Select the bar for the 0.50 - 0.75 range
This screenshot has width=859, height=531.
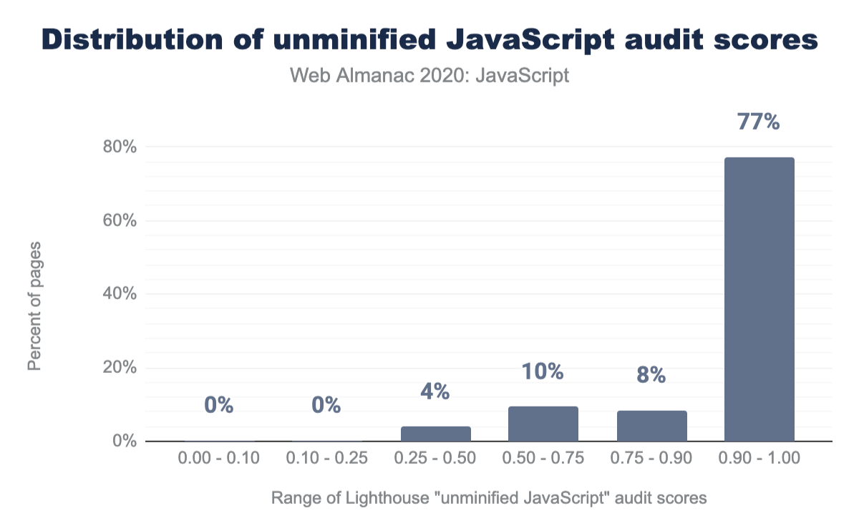(x=543, y=424)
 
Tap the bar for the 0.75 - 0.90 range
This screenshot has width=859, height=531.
(x=651, y=426)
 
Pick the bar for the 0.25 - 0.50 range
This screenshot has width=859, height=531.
(x=435, y=434)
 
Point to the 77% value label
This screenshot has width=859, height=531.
(x=759, y=122)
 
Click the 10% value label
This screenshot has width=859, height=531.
(x=543, y=372)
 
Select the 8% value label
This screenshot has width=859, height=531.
(x=651, y=375)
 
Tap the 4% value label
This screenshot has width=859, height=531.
(x=435, y=391)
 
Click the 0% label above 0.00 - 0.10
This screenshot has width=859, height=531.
(x=219, y=406)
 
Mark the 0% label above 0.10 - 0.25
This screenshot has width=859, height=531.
(x=326, y=406)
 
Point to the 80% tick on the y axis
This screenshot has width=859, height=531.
(x=120, y=147)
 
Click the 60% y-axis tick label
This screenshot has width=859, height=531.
(x=120, y=220)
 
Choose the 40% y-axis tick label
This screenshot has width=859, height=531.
(x=120, y=294)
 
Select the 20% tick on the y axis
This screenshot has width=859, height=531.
(x=120, y=368)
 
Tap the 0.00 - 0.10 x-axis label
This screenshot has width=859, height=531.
(x=219, y=459)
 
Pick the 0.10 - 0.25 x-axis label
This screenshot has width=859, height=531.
(x=326, y=459)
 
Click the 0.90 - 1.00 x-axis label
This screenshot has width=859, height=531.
(x=759, y=459)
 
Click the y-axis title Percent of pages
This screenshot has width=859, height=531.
(x=34, y=306)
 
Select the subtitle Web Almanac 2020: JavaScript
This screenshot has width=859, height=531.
(x=429, y=75)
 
